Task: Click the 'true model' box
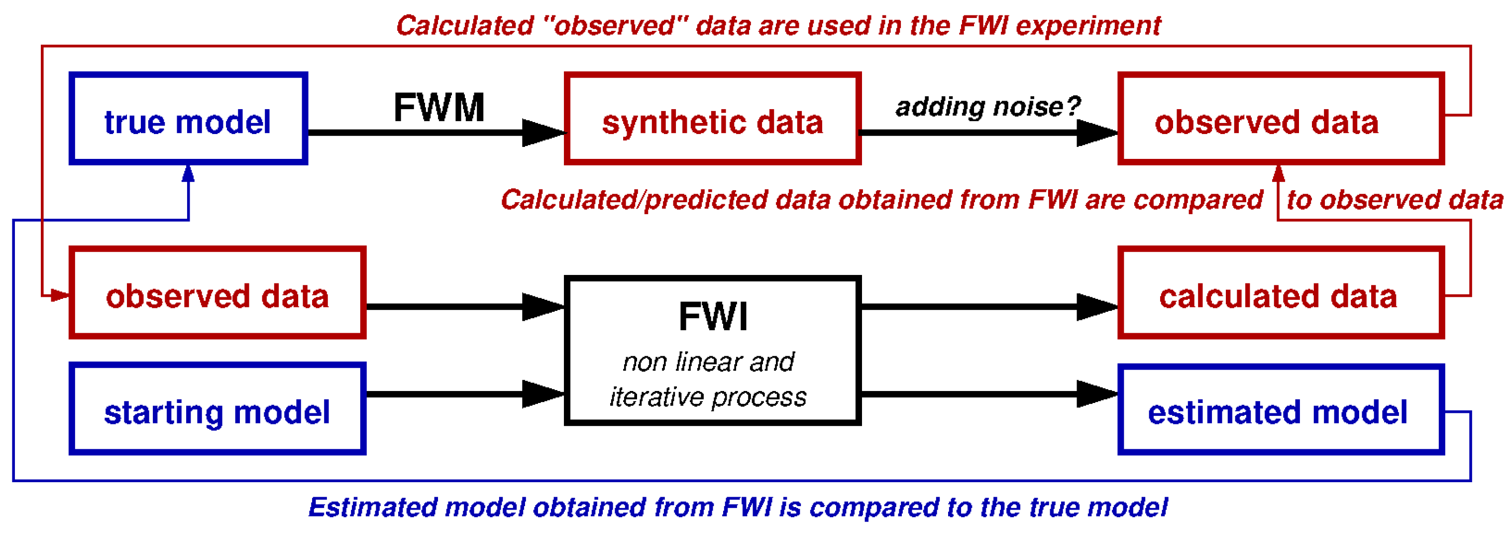pyautogui.click(x=188, y=119)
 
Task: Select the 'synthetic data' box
pyautogui.click(x=712, y=119)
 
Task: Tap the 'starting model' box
pyautogui.click(x=217, y=408)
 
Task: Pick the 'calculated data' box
pyautogui.click(x=1281, y=293)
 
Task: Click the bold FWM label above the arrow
pyautogui.click(x=439, y=108)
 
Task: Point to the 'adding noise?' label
pyautogui.click(x=988, y=107)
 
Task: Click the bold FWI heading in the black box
pyautogui.click(x=713, y=317)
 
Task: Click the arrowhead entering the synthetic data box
pyautogui.click(x=542, y=133)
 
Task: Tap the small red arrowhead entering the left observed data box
pyautogui.click(x=59, y=295)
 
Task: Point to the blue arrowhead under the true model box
pyautogui.click(x=188, y=174)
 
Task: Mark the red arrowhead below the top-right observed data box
pyautogui.click(x=1279, y=174)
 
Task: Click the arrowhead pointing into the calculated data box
pyautogui.click(x=1097, y=306)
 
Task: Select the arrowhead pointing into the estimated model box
pyautogui.click(x=1097, y=394)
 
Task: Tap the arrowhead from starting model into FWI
pyautogui.click(x=542, y=394)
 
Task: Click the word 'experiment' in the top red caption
pyautogui.click(x=1088, y=26)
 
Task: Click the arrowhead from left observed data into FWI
pyautogui.click(x=542, y=306)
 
